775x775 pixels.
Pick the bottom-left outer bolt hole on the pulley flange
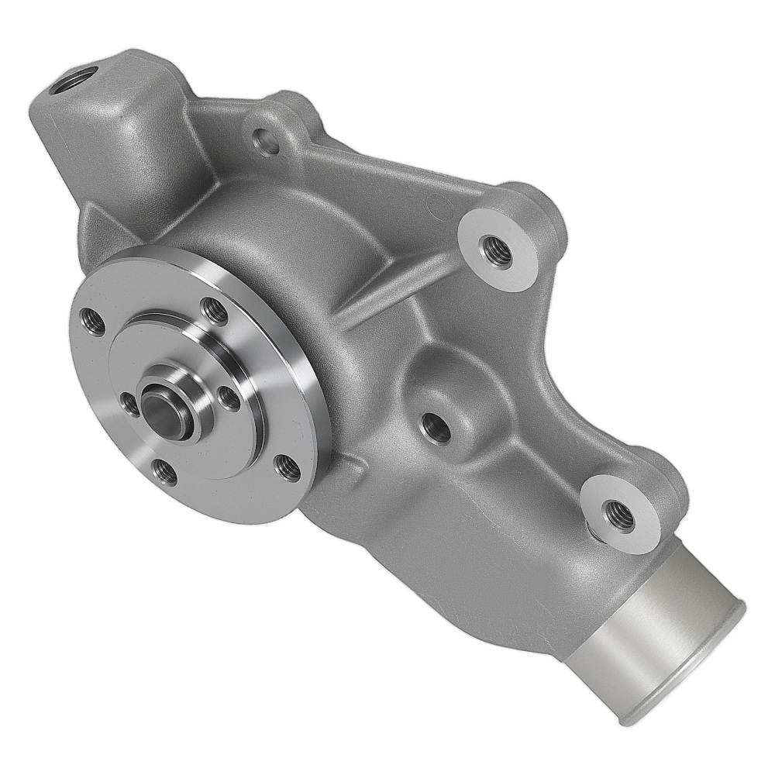pyautogui.click(x=164, y=470)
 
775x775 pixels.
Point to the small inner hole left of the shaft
pyautogui.click(x=129, y=401)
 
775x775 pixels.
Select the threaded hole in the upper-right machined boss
pyautogui.click(x=496, y=251)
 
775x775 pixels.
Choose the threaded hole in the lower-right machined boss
pyautogui.click(x=618, y=514)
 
